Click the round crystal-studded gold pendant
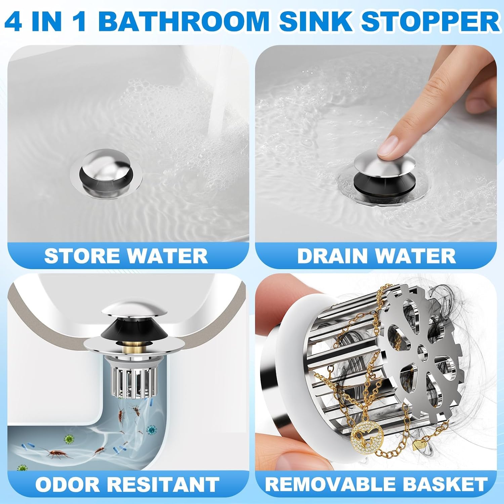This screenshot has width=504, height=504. point(365,436)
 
